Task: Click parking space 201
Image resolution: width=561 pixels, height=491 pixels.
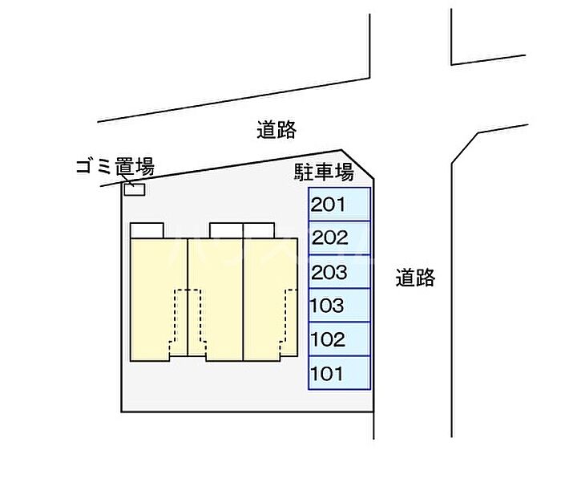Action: pyautogui.click(x=340, y=204)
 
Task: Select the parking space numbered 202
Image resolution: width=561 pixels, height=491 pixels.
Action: pyautogui.click(x=340, y=237)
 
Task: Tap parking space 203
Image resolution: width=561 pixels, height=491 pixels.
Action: pyautogui.click(x=340, y=272)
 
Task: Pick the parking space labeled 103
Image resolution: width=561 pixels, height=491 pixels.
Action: pyautogui.click(x=340, y=306)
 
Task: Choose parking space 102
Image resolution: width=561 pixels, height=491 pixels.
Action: pyautogui.click(x=340, y=339)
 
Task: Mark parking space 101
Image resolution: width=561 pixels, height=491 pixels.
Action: pyautogui.click(x=340, y=373)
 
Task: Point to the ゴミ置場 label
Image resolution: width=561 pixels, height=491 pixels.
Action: pyautogui.click(x=115, y=167)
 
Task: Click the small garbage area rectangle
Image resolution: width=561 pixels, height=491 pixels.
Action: pyautogui.click(x=135, y=189)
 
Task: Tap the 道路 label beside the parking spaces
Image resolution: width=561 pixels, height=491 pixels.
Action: pyautogui.click(x=415, y=278)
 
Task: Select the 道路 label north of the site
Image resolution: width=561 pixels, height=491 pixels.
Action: pyautogui.click(x=276, y=130)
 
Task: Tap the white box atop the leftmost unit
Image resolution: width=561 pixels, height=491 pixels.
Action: pyautogui.click(x=147, y=230)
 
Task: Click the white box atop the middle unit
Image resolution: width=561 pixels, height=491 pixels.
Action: pyautogui.click(x=226, y=230)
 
